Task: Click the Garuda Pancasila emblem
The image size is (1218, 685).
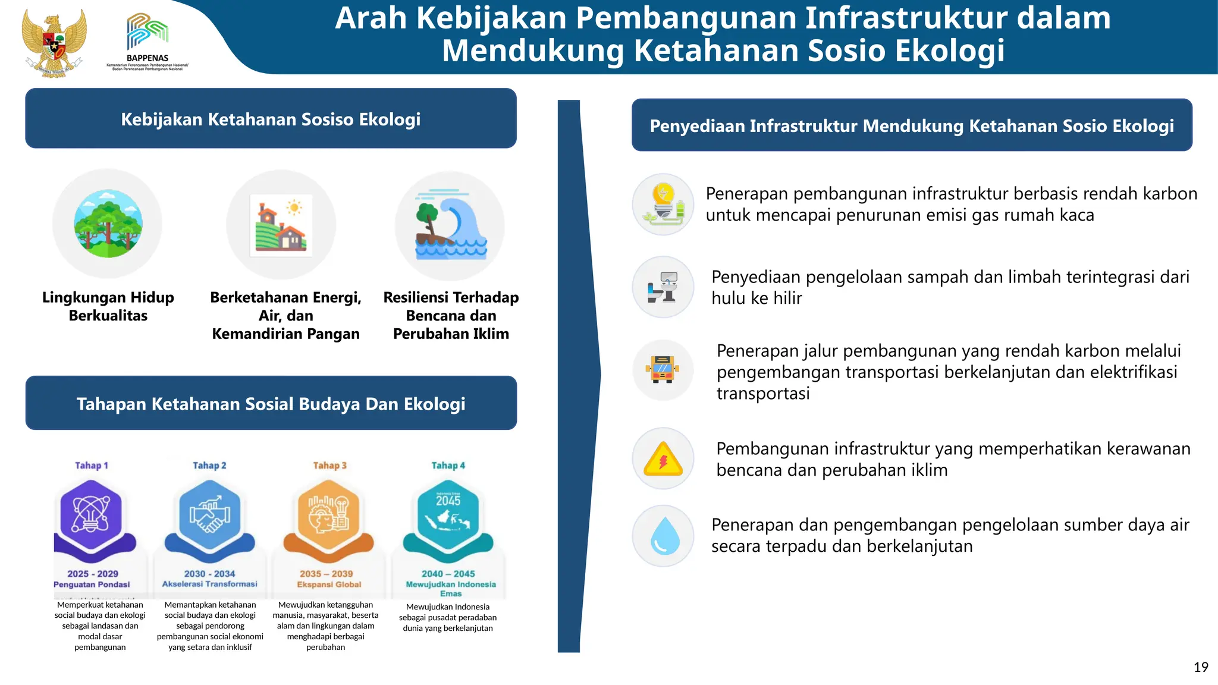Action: click(x=54, y=43)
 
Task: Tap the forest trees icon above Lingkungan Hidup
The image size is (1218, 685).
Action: click(x=108, y=224)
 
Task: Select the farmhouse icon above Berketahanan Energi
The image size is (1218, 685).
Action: click(x=281, y=225)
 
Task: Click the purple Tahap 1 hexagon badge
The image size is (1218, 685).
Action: click(x=91, y=514)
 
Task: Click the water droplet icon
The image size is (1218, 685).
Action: click(x=664, y=536)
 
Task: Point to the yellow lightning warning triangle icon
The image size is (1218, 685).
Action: click(x=663, y=459)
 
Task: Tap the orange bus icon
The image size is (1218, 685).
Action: click(x=663, y=370)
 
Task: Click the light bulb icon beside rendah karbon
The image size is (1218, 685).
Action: click(x=663, y=204)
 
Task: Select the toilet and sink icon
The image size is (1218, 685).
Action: click(x=663, y=287)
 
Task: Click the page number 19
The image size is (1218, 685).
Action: click(x=1201, y=667)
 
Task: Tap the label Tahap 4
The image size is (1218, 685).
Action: click(x=448, y=466)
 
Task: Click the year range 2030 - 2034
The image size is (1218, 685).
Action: click(x=209, y=574)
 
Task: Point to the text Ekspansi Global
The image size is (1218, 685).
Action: click(x=329, y=585)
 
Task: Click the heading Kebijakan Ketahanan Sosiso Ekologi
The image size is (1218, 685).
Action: click(x=271, y=120)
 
